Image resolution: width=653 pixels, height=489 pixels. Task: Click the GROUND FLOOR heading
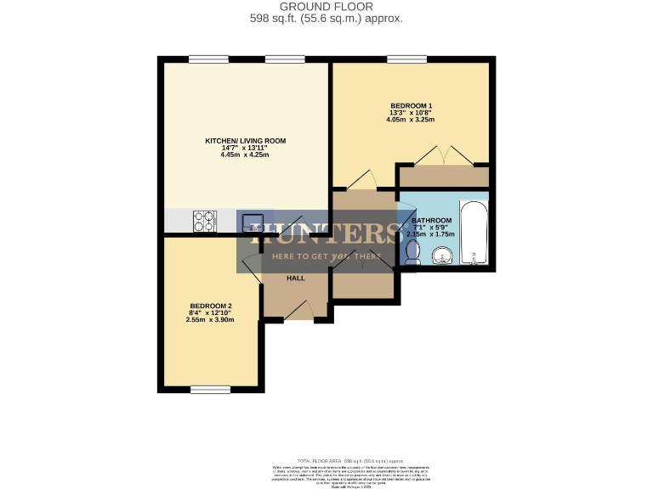click(x=326, y=7)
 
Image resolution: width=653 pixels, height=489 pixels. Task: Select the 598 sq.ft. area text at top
click(x=326, y=18)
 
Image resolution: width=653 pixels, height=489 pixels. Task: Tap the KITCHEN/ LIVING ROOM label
click(x=245, y=141)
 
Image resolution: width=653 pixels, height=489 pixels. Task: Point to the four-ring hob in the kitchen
click(x=206, y=222)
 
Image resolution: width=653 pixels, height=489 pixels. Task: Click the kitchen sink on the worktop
click(x=252, y=222)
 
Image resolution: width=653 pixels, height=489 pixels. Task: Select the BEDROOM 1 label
click(x=412, y=105)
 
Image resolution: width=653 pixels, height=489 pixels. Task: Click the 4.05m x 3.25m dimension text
click(x=412, y=121)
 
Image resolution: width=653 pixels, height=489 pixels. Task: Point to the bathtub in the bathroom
click(x=473, y=233)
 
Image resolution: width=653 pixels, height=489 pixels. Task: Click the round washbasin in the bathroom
click(x=442, y=256)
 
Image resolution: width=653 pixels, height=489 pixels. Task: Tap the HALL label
click(x=295, y=278)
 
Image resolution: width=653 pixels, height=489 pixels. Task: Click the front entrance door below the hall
click(x=297, y=314)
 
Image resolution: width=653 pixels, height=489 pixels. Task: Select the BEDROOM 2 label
click(x=211, y=306)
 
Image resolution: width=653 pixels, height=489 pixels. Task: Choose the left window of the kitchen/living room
click(x=202, y=59)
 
